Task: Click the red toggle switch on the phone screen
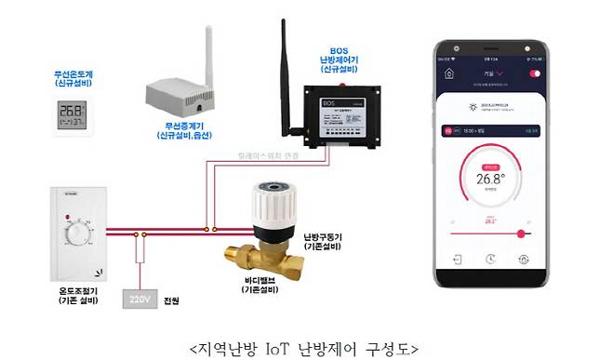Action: tap(535, 73)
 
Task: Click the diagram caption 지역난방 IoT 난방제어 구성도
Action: tap(304, 346)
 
